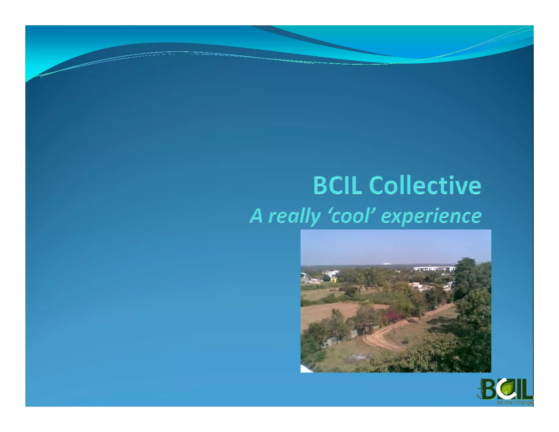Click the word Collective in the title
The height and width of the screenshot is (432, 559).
click(425, 185)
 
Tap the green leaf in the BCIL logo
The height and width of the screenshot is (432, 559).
click(508, 388)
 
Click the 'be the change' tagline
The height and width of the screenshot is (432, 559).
click(515, 403)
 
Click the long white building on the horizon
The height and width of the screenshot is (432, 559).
click(434, 269)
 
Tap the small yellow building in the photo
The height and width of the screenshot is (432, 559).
click(334, 280)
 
